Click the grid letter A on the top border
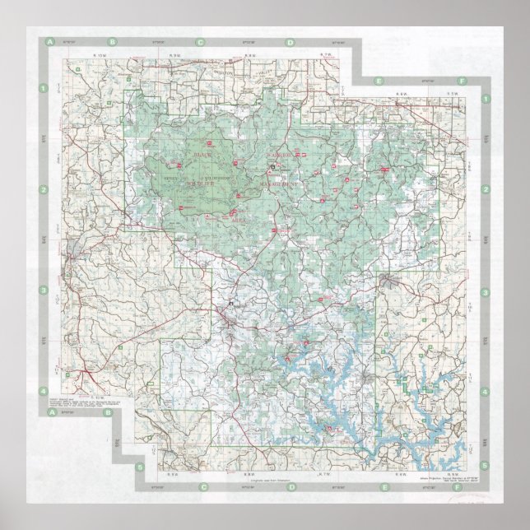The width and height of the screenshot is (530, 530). point(50,40)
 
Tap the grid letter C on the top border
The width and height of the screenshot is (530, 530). point(200,42)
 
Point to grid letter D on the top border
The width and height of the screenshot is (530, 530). point(290,42)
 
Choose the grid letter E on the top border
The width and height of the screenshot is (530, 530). point(378,81)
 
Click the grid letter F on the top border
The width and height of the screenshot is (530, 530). point(463,81)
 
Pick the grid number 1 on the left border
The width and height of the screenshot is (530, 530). point(43,87)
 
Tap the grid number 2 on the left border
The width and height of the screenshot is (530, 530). point(43,190)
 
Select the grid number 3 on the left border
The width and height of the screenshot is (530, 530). point(43,291)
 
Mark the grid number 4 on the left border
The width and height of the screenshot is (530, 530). point(43,391)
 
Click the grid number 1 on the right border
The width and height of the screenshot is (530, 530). point(486,99)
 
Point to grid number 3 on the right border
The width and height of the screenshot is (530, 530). point(486,292)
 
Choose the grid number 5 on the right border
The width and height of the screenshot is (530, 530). point(486,467)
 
